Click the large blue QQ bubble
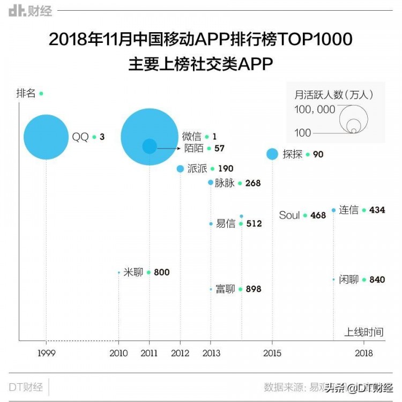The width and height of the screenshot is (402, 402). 46,137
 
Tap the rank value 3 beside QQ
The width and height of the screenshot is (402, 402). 102,137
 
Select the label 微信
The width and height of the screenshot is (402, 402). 192,137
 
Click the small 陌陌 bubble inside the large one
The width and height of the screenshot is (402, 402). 150,146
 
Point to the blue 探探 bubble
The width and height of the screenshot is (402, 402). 272,154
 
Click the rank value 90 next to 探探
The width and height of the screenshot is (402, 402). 318,154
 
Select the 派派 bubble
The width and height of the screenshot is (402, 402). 180,169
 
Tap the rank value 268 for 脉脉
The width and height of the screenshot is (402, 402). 252,183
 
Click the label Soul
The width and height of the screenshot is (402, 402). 289,215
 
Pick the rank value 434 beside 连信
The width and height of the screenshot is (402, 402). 377,210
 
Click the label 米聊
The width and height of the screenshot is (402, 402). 133,272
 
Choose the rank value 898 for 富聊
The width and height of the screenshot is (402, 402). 253,289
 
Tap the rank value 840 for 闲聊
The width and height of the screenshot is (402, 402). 377,280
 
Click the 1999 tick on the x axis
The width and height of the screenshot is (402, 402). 46,353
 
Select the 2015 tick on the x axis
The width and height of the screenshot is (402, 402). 272,353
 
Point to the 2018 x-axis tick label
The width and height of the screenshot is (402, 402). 364,353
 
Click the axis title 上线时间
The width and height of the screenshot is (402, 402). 364,332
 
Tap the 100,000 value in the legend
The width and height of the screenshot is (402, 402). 315,110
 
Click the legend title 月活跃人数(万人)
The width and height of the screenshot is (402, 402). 334,94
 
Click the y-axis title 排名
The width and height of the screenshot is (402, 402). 26,93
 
